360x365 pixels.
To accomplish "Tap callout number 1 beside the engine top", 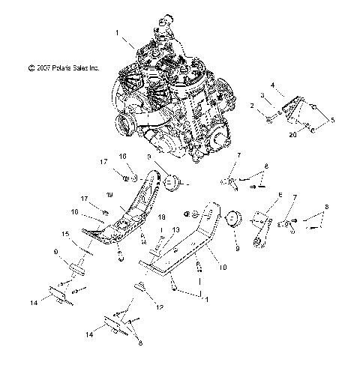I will (117, 33).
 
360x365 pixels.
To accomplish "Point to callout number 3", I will (262, 95).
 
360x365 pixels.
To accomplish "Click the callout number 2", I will (253, 107).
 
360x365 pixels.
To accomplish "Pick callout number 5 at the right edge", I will (333, 120).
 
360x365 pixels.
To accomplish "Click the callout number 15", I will (66, 235).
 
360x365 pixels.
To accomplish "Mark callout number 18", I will (161, 217).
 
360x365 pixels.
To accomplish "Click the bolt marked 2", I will (269, 117).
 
